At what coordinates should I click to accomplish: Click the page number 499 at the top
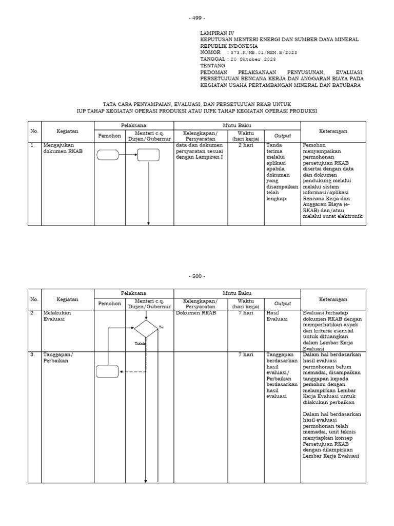click(x=197, y=18)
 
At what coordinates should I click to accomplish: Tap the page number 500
click(x=197, y=276)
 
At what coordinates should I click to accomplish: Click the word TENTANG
click(x=213, y=66)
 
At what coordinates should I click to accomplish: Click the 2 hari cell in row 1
click(x=246, y=145)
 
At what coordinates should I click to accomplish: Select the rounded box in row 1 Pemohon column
click(x=108, y=154)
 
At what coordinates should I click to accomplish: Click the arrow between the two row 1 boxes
click(x=128, y=154)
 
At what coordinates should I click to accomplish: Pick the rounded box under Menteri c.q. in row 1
click(x=148, y=154)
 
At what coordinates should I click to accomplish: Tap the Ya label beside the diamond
click(x=161, y=327)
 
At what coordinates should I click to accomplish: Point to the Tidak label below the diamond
click(x=140, y=344)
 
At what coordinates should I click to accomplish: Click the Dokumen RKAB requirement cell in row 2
click(x=196, y=313)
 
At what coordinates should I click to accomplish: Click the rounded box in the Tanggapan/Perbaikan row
click(x=108, y=371)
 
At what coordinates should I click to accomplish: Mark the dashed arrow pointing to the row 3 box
click(x=132, y=371)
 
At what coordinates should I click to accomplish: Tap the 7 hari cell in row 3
click(x=246, y=354)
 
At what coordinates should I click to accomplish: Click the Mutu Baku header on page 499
click(x=237, y=125)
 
